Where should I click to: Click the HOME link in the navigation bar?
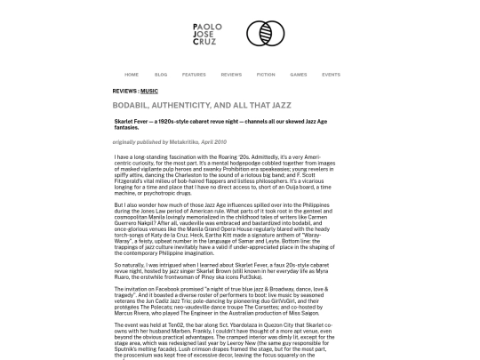(132, 74)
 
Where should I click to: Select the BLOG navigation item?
(161, 74)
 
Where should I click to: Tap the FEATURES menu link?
(194, 74)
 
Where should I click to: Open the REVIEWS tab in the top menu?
(231, 74)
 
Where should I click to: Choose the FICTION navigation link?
(266, 74)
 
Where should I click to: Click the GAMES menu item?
(299, 74)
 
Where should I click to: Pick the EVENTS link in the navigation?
(331, 74)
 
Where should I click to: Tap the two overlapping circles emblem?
(264, 34)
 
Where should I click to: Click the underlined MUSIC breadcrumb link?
(149, 92)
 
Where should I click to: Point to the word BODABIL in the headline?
(133, 104)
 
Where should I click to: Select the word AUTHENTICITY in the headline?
(189, 104)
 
